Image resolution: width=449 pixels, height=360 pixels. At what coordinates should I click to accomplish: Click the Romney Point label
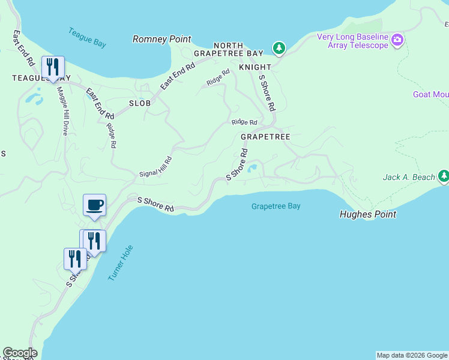[x=161, y=39]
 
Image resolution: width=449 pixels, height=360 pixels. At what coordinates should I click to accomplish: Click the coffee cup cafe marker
[x=94, y=205]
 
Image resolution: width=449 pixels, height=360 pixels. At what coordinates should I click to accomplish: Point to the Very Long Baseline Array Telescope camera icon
[x=397, y=41]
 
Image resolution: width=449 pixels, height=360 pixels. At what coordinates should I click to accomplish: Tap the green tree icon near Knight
[x=278, y=47]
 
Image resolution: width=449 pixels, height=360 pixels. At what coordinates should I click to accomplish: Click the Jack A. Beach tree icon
[x=444, y=176]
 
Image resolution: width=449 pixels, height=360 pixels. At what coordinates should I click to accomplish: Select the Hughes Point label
[x=367, y=214]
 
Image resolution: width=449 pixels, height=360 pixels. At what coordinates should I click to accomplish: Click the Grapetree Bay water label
[x=276, y=206]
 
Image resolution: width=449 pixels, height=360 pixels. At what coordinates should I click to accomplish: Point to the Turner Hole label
[x=120, y=263]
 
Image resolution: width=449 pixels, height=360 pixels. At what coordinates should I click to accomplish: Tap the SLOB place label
[x=139, y=103]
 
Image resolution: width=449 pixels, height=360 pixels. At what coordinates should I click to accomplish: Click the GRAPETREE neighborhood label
[x=265, y=137]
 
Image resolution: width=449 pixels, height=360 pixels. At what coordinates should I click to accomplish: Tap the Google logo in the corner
[x=20, y=353]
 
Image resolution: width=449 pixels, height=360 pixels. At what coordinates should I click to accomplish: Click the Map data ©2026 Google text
[x=412, y=355]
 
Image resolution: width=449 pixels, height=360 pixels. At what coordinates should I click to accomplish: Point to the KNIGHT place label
[x=255, y=67]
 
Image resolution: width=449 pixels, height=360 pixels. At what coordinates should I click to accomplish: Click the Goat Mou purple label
[x=430, y=94]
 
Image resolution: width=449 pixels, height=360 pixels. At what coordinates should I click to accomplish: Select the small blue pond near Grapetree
[x=253, y=168]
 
